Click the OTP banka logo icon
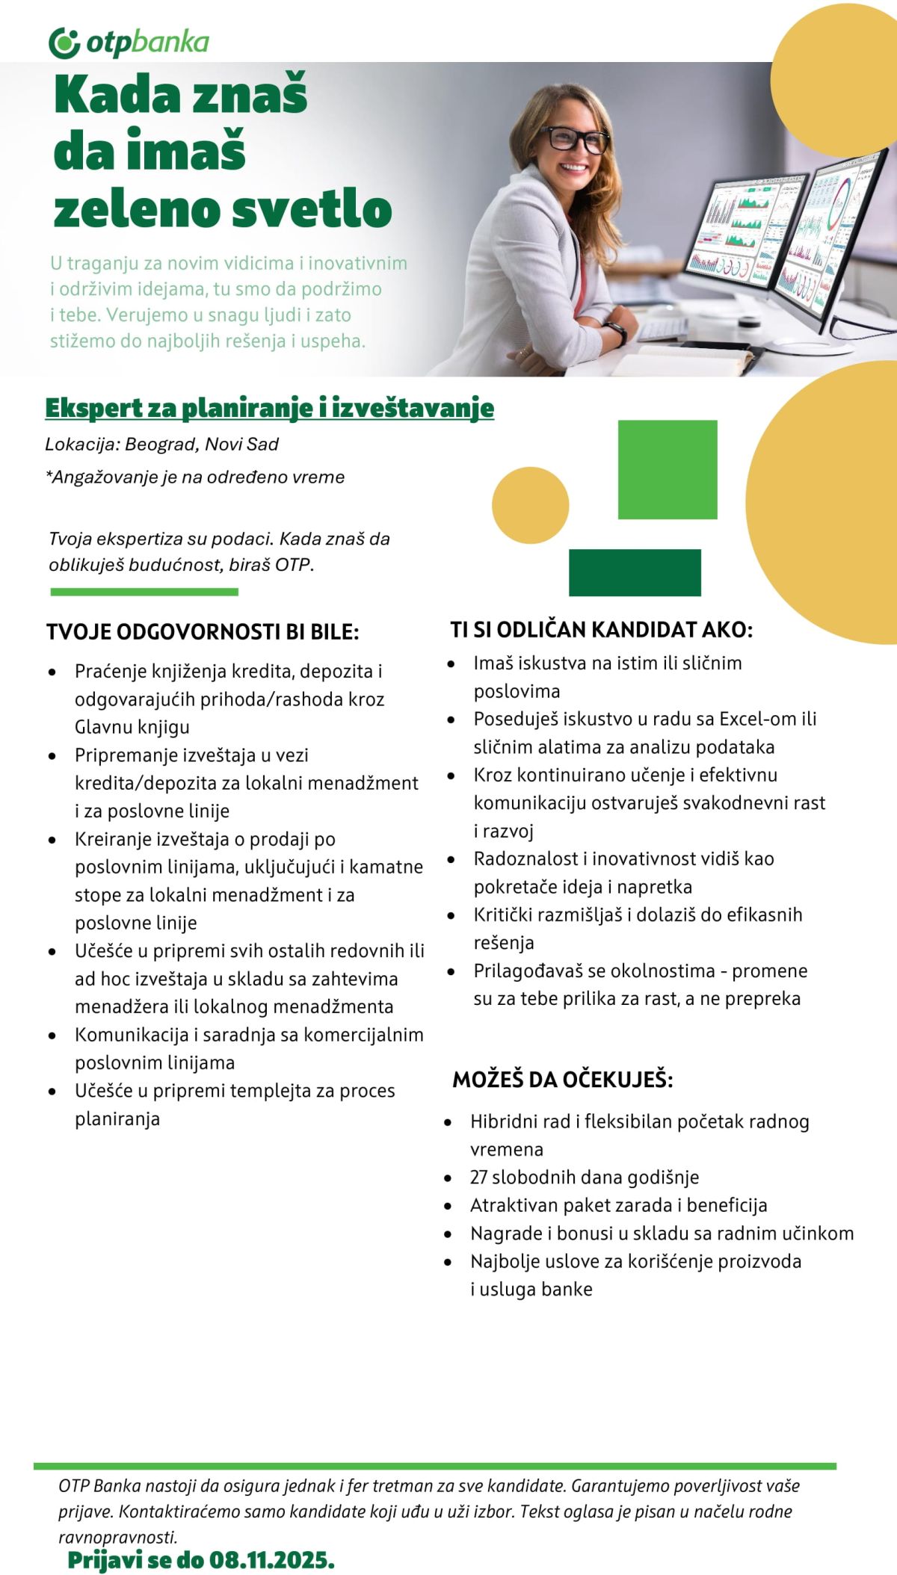click(64, 43)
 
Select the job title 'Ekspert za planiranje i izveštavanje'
click(269, 408)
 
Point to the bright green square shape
click(667, 469)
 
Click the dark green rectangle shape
click(635, 572)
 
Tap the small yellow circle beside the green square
click(530, 505)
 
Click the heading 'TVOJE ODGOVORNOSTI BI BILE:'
click(203, 632)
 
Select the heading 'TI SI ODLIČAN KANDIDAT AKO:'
click(601, 630)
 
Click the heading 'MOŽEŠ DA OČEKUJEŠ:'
click(562, 1080)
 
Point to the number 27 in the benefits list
click(478, 1178)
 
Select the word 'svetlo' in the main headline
click(312, 209)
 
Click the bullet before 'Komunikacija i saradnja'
click(52, 1036)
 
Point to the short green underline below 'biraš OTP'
click(144, 592)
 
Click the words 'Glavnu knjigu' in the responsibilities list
click(132, 727)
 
